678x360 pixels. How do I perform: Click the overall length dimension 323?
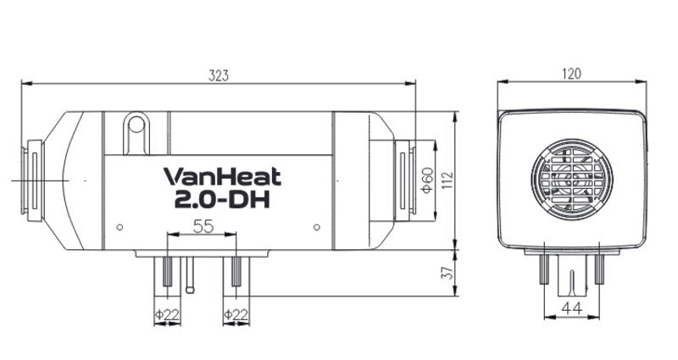coord(219,75)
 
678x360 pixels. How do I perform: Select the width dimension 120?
coord(571,75)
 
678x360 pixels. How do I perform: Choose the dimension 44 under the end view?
coord(571,311)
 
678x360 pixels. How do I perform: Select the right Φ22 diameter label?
coord(235,315)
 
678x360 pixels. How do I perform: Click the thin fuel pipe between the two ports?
coord(190,276)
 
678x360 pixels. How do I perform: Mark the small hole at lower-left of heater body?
coord(119,226)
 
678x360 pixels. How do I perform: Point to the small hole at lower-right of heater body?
coord(316,226)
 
